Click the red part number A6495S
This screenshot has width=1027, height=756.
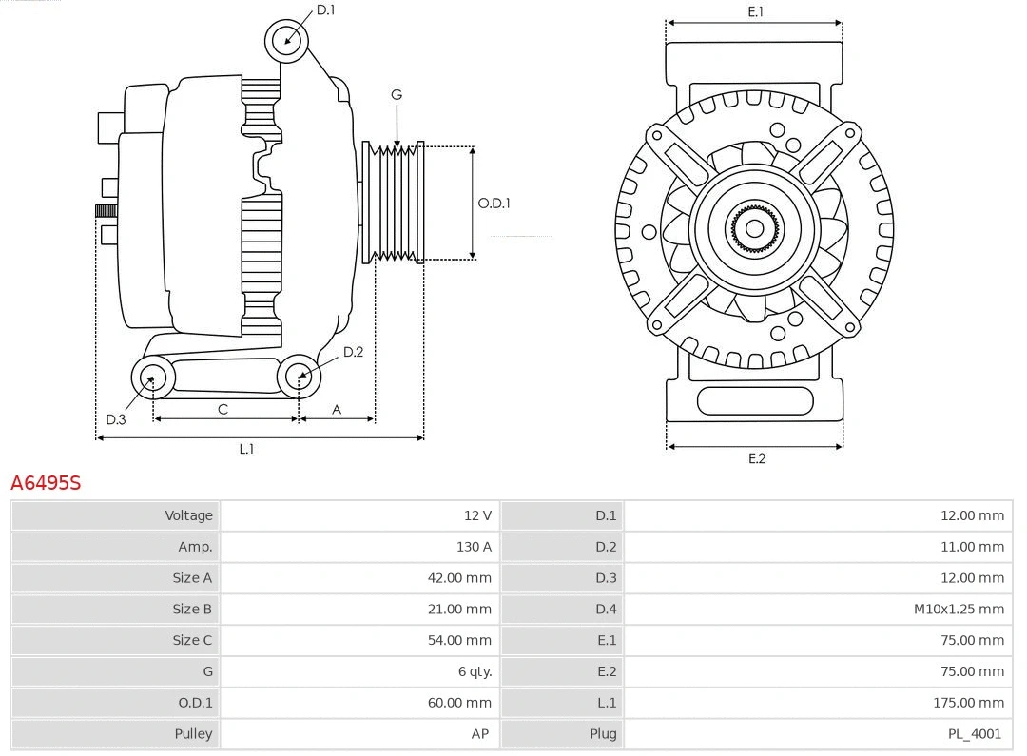tap(46, 483)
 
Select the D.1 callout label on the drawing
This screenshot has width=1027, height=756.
tap(325, 10)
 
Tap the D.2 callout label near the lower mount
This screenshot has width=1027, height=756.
tap(353, 352)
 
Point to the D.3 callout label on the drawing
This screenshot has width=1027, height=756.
tap(115, 419)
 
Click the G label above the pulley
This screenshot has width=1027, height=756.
tap(397, 94)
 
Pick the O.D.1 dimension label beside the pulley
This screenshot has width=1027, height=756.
tap(494, 203)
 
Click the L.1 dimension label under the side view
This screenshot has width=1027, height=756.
tap(246, 449)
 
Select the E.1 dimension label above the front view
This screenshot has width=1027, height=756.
tap(755, 11)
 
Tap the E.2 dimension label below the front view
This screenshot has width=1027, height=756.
tap(756, 458)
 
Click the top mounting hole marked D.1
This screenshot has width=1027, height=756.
tap(286, 40)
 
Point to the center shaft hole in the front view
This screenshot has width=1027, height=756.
tap(754, 228)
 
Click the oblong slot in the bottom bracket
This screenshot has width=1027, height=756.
tap(755, 400)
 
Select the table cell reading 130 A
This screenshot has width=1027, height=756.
tap(474, 547)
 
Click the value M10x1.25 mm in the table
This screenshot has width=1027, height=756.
tap(959, 610)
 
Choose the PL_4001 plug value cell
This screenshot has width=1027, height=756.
tap(974, 734)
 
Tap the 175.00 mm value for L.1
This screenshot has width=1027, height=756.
tap(968, 703)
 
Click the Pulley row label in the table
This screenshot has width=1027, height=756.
tap(193, 734)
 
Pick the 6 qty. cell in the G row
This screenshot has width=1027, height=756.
tap(475, 671)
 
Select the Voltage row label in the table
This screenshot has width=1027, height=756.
tap(188, 515)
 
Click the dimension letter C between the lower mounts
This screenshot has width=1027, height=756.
tap(223, 410)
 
